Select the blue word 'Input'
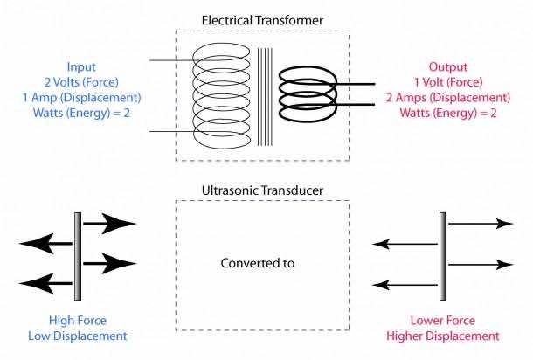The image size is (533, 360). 81,66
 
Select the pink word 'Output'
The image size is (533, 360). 447,66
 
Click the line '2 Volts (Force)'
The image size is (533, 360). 81,82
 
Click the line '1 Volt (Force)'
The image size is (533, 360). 447,82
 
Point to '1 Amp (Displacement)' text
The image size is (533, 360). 81,98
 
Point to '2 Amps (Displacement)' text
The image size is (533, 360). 447,98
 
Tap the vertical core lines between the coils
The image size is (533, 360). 264,96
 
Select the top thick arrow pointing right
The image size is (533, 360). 110,224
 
